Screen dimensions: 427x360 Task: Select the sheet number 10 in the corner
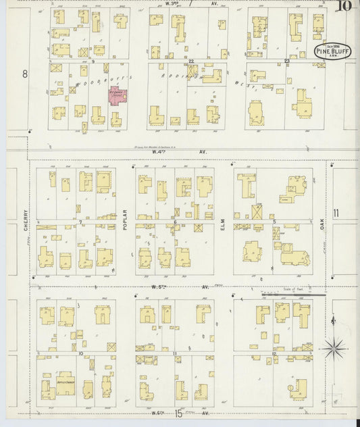[344, 7]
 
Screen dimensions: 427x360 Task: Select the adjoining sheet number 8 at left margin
[24, 74]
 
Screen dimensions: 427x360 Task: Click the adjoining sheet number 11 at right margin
[336, 214]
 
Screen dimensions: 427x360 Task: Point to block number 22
[192, 61]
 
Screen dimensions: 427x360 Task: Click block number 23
[286, 61]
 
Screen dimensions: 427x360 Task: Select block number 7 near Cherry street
[80, 222]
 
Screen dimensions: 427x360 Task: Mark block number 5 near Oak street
[274, 222]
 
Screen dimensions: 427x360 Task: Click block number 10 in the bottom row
[80, 353]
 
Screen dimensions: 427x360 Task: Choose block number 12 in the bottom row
[274, 353]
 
